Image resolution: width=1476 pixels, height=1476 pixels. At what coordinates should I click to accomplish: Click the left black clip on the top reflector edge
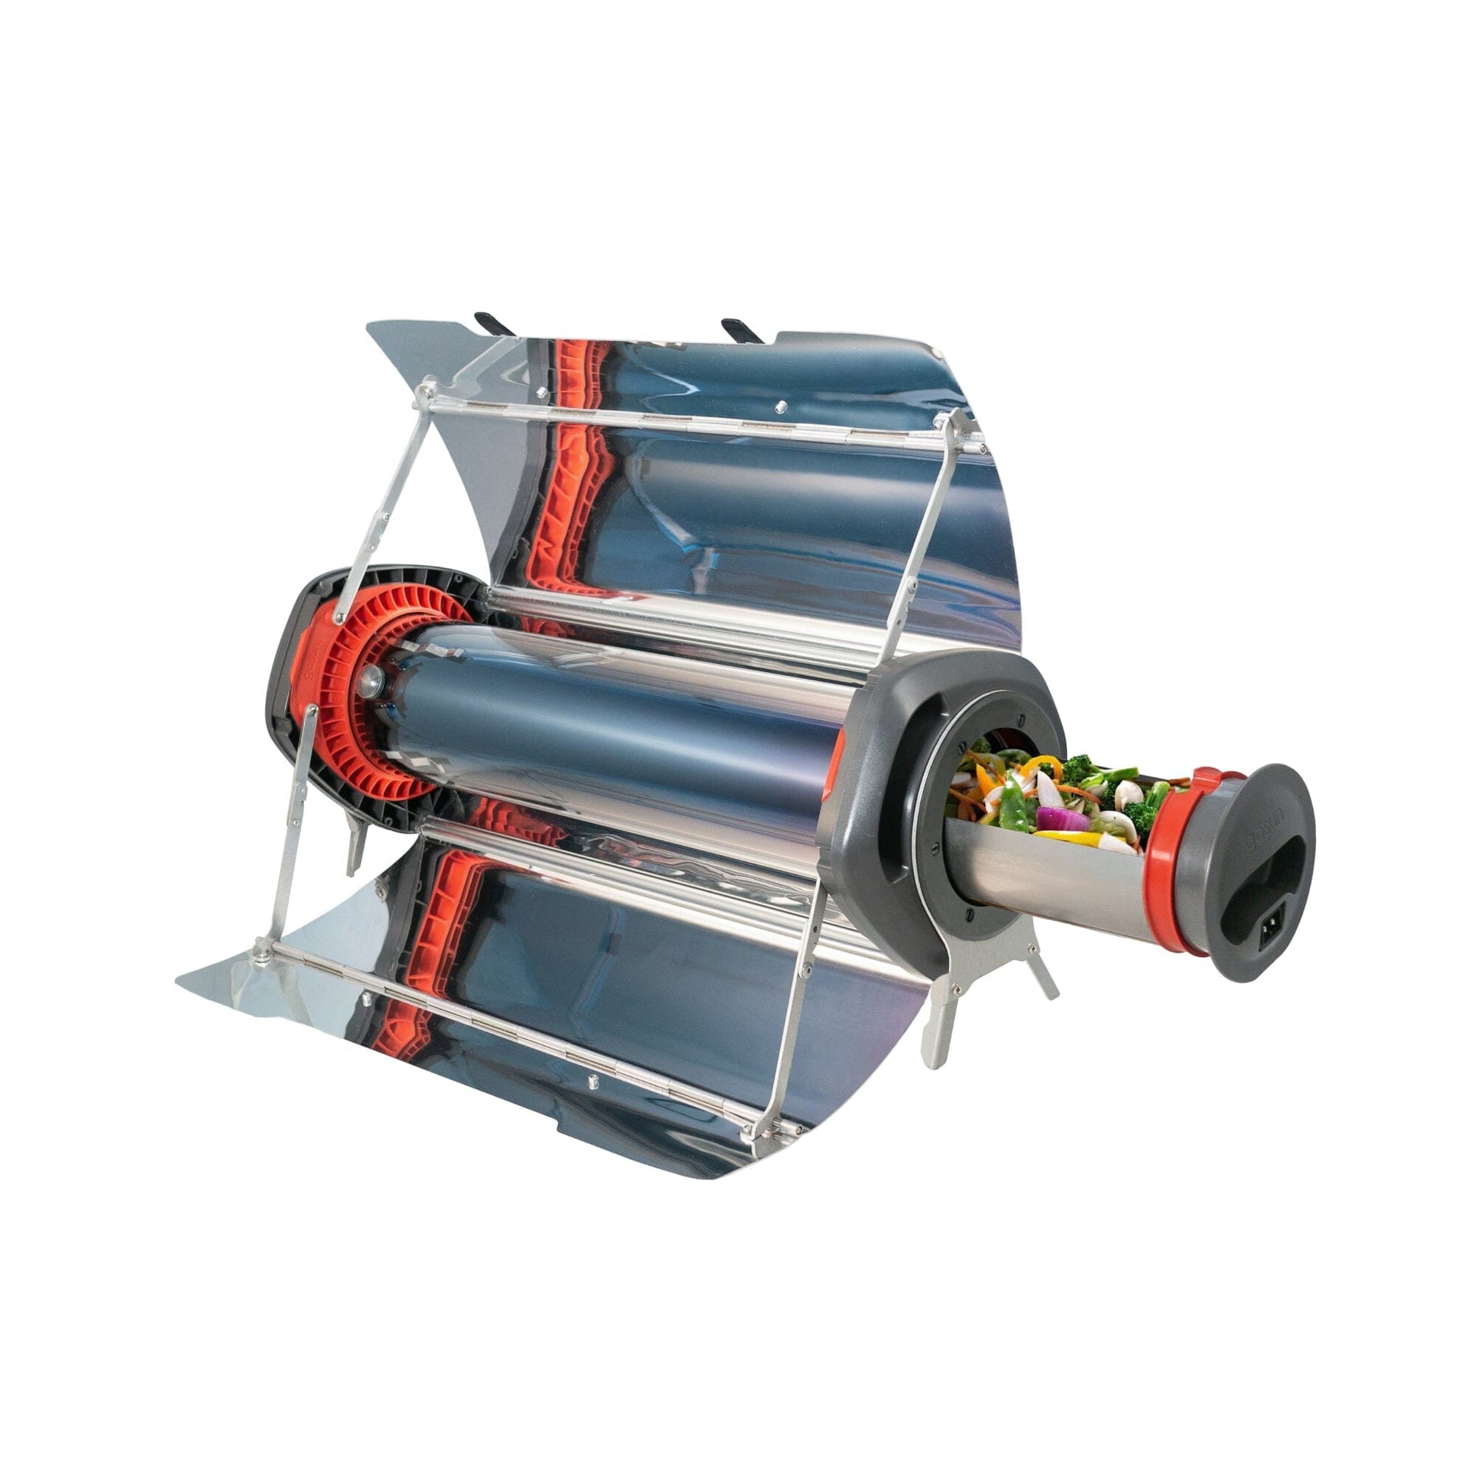coord(491,323)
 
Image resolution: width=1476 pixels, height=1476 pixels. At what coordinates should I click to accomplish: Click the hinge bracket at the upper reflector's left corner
coord(428,392)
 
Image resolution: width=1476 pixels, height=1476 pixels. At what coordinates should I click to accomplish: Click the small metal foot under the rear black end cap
coord(355,844)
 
